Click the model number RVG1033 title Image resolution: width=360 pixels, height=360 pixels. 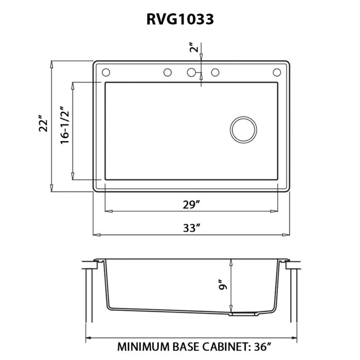coord(180,19)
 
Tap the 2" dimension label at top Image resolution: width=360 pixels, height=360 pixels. coord(193,48)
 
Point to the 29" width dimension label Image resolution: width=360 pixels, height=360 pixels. coord(191,205)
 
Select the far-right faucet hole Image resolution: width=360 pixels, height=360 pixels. coord(277,72)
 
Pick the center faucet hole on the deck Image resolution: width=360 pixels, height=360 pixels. coord(191,72)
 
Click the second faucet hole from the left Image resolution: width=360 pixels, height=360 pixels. coord(167,72)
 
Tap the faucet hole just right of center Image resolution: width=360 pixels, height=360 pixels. coord(215,72)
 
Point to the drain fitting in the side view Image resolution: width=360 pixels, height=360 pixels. coord(243,312)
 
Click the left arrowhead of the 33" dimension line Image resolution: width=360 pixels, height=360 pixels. coord(96,235)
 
